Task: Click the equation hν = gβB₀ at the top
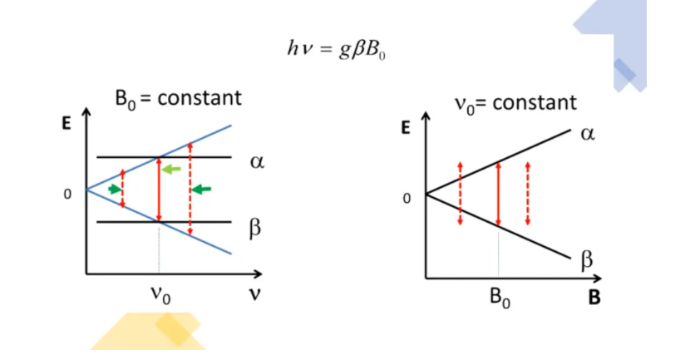point(336,49)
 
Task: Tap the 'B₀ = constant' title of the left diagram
point(178,99)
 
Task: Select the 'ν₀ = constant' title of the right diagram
point(515,104)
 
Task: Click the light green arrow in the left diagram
point(170,169)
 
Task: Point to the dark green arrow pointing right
point(115,189)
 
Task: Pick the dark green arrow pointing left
point(201,190)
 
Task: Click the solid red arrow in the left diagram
point(159,190)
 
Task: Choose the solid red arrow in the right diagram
point(499,194)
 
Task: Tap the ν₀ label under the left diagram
point(160,295)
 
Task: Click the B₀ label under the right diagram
point(500,298)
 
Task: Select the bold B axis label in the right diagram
point(594,298)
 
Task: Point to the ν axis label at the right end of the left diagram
point(254,293)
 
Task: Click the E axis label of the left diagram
point(66,123)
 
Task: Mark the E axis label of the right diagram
point(406,128)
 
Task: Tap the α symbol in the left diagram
point(258,162)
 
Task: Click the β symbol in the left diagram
point(255,228)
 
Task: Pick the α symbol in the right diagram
point(588,134)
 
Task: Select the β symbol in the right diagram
point(587,259)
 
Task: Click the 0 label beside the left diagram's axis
point(67,194)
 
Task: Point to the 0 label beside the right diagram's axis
point(407,199)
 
